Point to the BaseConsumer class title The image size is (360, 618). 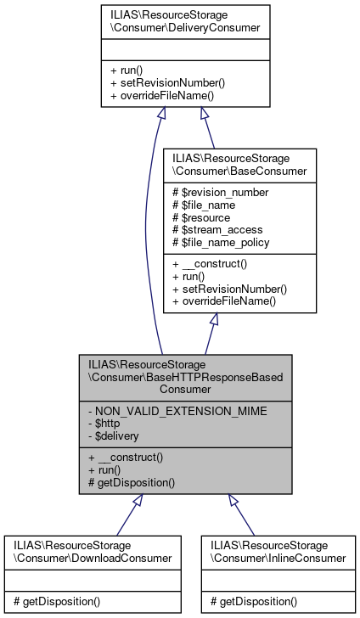(227, 164)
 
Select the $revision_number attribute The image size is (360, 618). (220, 193)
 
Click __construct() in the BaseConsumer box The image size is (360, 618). (208, 264)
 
